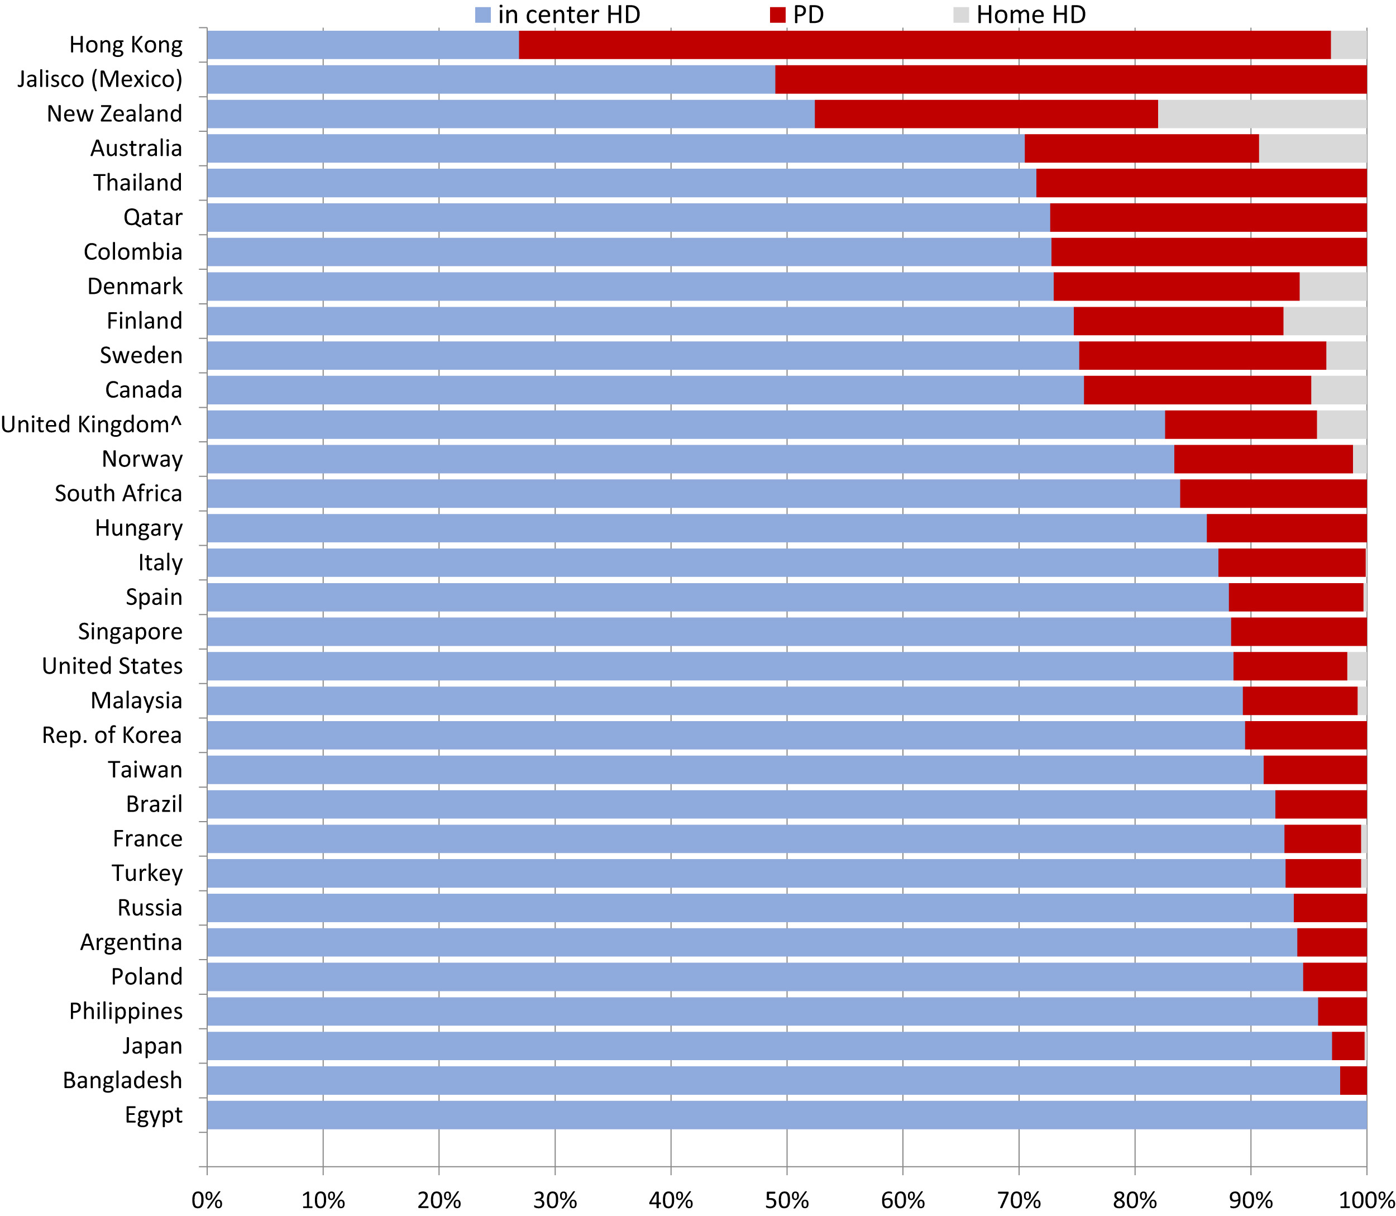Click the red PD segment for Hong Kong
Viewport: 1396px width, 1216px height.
click(924, 45)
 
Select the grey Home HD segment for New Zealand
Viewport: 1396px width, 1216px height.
click(1261, 114)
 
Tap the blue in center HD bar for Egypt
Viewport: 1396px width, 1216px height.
click(786, 1115)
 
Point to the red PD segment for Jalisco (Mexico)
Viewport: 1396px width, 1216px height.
click(1070, 79)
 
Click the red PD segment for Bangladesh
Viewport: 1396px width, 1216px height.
click(1352, 1080)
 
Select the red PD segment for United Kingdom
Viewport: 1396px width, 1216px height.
click(1240, 425)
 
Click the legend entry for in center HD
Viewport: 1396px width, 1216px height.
click(558, 15)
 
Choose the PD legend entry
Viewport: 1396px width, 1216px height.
click(797, 15)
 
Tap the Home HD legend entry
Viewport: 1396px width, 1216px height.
click(1020, 15)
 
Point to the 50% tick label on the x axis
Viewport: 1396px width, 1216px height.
click(786, 1200)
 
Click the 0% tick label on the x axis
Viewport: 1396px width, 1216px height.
click(207, 1200)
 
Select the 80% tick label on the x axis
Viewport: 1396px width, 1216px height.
click(1135, 1200)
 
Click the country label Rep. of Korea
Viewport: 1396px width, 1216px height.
click(112, 735)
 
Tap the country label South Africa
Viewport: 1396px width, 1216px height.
click(119, 493)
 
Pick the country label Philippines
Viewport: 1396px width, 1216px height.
click(126, 1011)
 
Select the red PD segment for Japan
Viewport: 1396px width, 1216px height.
click(1347, 1046)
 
